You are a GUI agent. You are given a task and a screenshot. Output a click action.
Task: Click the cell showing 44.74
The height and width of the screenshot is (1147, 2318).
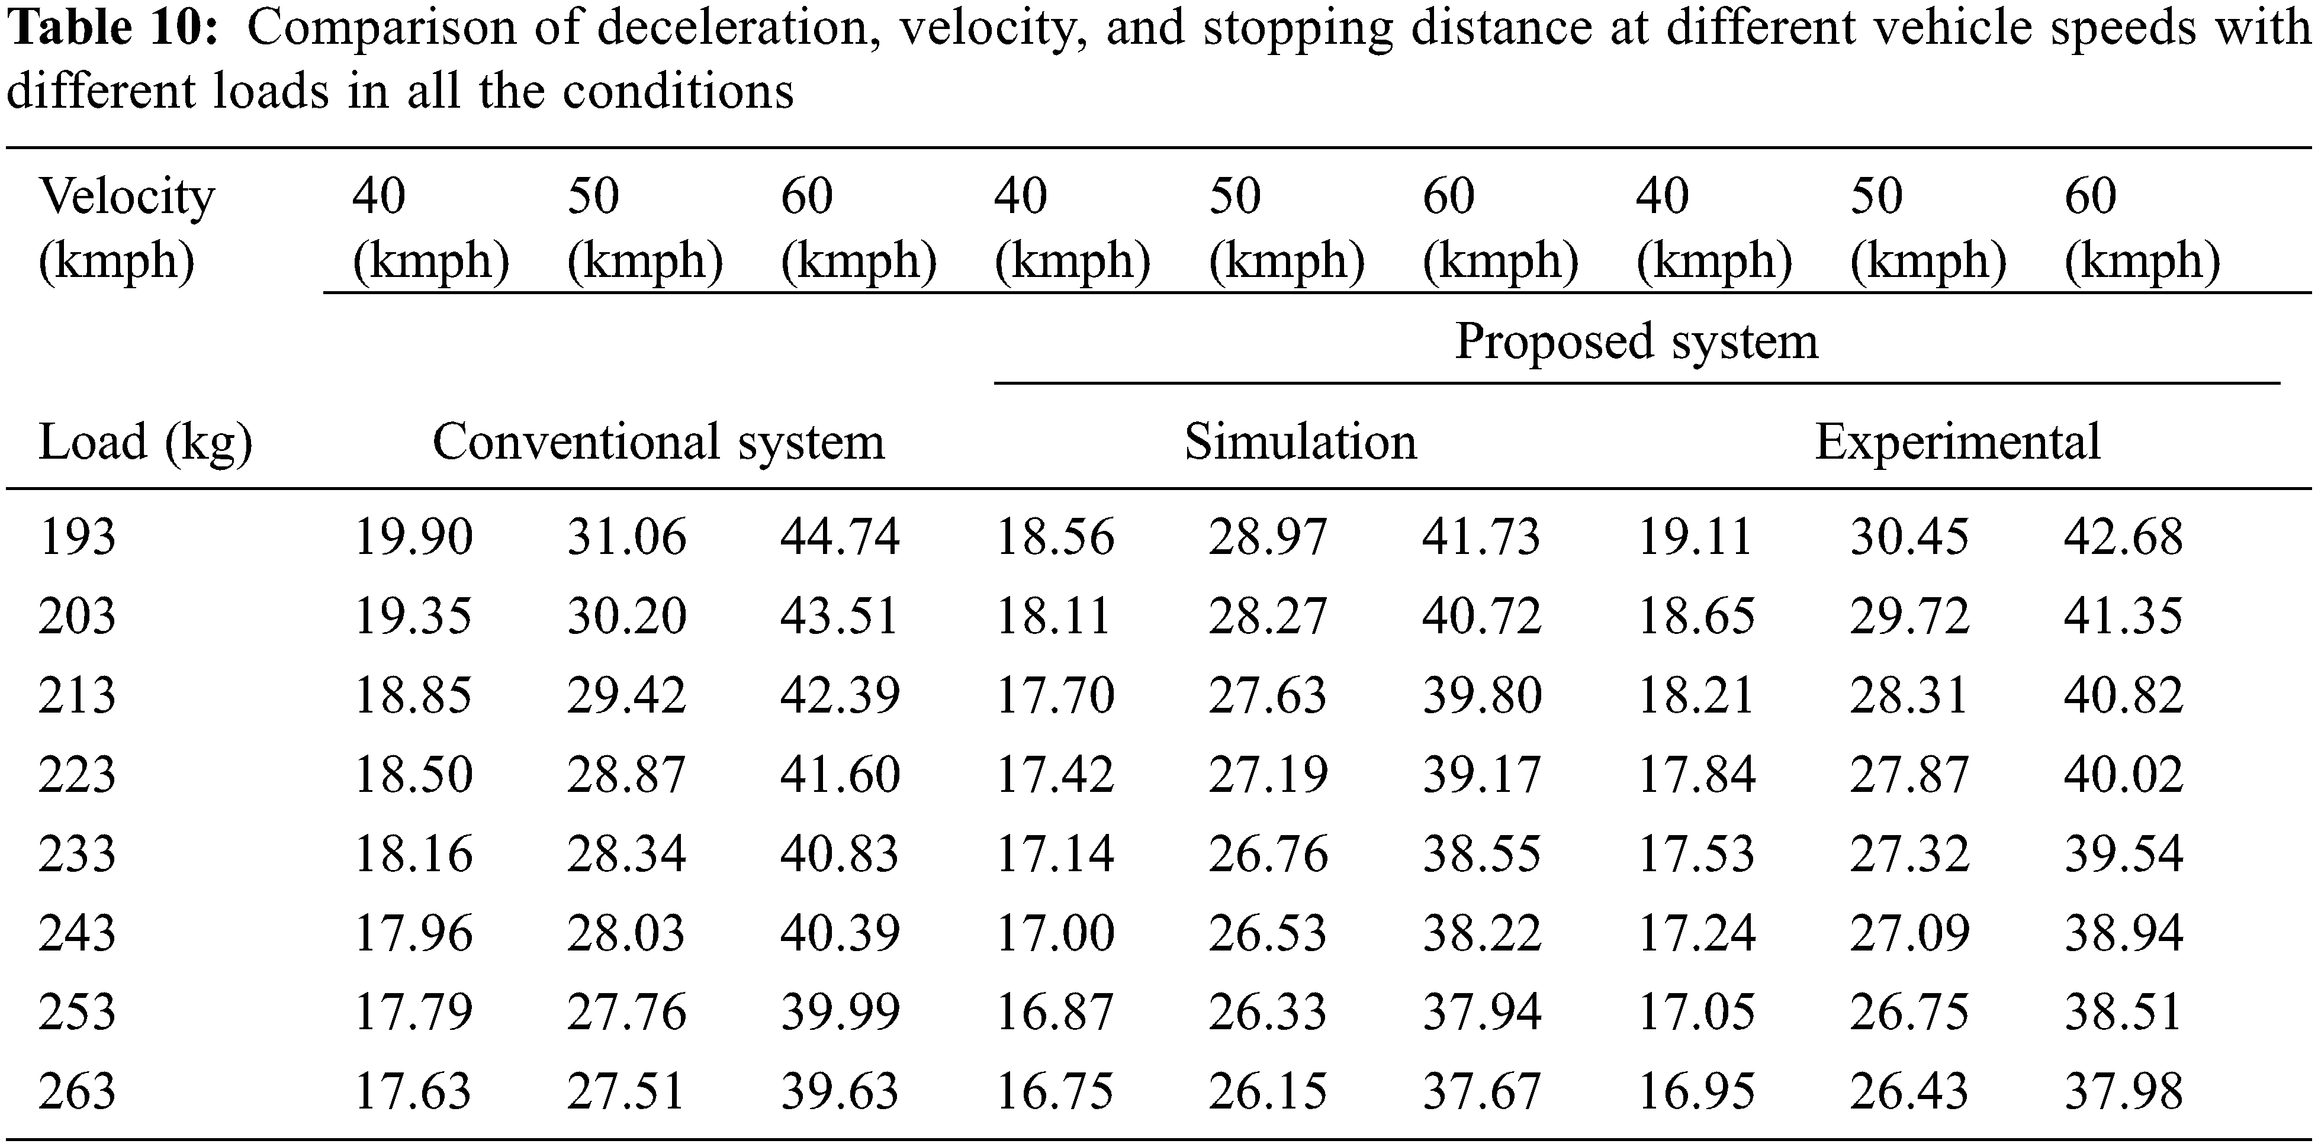(x=840, y=537)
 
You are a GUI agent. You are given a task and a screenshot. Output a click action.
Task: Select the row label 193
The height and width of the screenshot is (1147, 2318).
(x=78, y=537)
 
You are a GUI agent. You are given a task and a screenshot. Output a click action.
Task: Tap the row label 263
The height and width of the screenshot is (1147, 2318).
(x=78, y=1091)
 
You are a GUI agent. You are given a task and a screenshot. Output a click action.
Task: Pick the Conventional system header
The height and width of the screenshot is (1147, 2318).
(x=658, y=442)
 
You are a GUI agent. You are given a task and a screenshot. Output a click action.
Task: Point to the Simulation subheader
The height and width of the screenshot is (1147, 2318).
(x=1300, y=442)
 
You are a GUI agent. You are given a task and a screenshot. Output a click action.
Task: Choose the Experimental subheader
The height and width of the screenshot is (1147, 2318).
(x=1957, y=442)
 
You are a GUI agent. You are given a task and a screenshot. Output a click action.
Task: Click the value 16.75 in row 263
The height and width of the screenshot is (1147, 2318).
(x=1054, y=1091)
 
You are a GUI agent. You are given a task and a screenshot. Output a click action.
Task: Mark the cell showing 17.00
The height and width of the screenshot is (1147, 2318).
(x=1054, y=933)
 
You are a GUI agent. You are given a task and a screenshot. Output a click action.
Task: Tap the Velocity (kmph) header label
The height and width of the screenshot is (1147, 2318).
(x=127, y=228)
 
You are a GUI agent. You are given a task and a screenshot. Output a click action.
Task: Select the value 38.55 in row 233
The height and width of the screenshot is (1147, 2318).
(x=1481, y=853)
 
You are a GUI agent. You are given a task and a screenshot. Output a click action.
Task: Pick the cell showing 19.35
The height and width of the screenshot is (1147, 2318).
(x=413, y=616)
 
